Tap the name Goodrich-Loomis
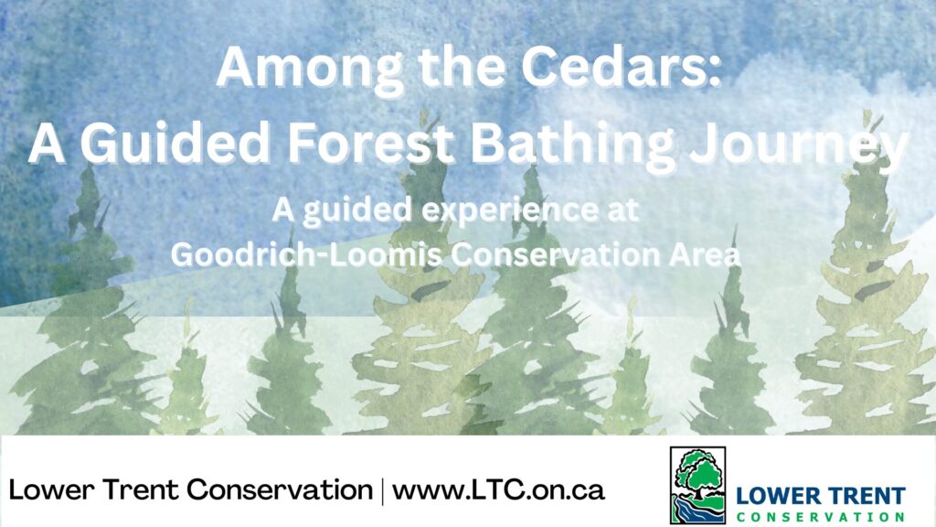[306, 254]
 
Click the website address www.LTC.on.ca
[498, 490]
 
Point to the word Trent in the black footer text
[140, 490]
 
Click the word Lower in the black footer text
[52, 490]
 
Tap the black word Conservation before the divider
[280, 490]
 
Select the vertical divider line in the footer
[383, 490]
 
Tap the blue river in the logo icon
[693, 511]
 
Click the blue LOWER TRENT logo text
[821, 496]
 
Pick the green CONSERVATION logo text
[821, 517]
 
